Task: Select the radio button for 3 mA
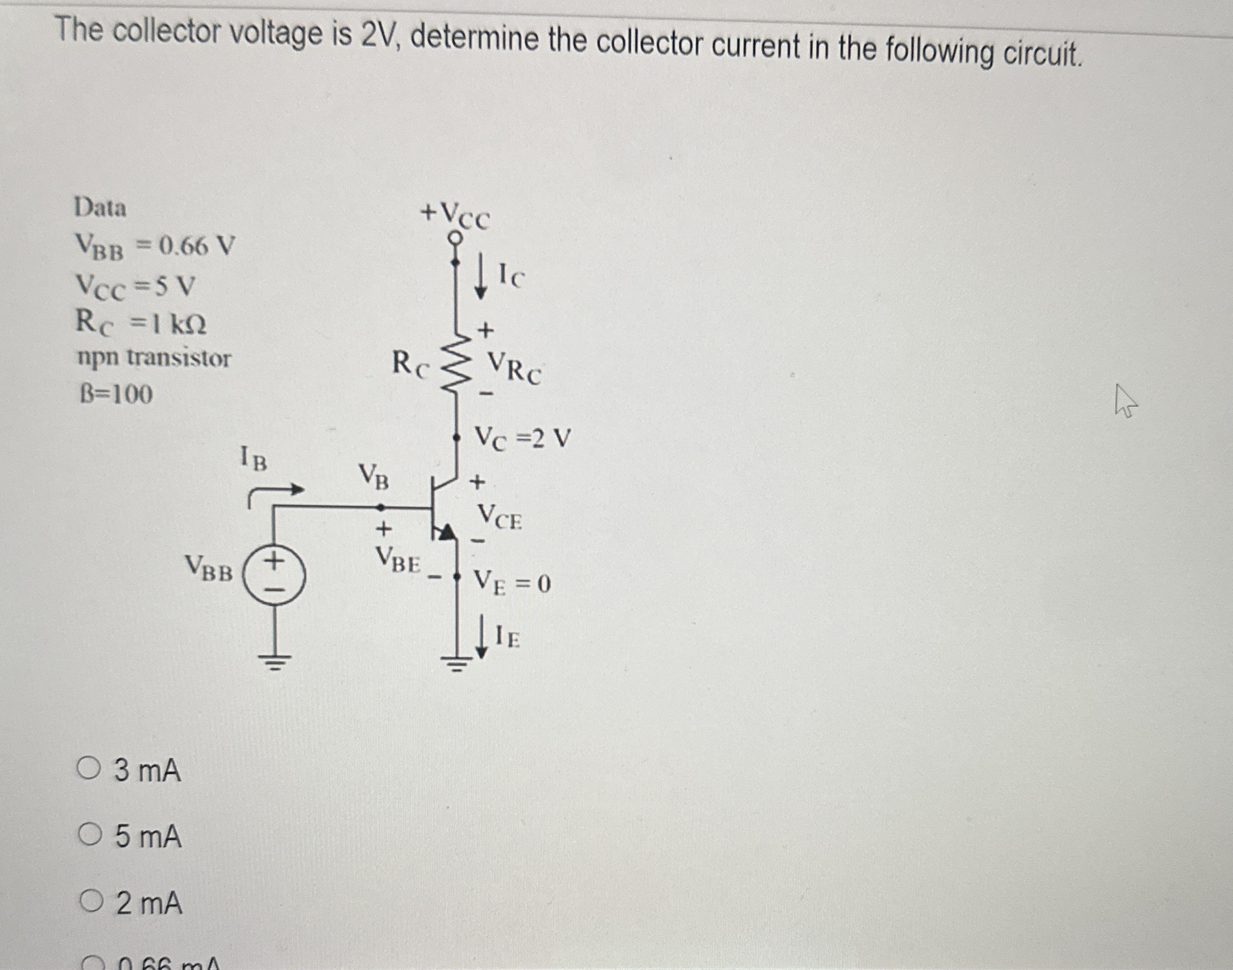coord(89,770)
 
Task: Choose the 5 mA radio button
coord(89,835)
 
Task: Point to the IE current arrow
coord(481,636)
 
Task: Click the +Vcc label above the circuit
coord(455,215)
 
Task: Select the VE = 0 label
coord(512,582)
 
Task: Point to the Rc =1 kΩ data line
coord(141,323)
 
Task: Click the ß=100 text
coord(115,394)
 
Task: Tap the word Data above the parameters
coord(100,208)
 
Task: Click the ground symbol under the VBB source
coord(275,661)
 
